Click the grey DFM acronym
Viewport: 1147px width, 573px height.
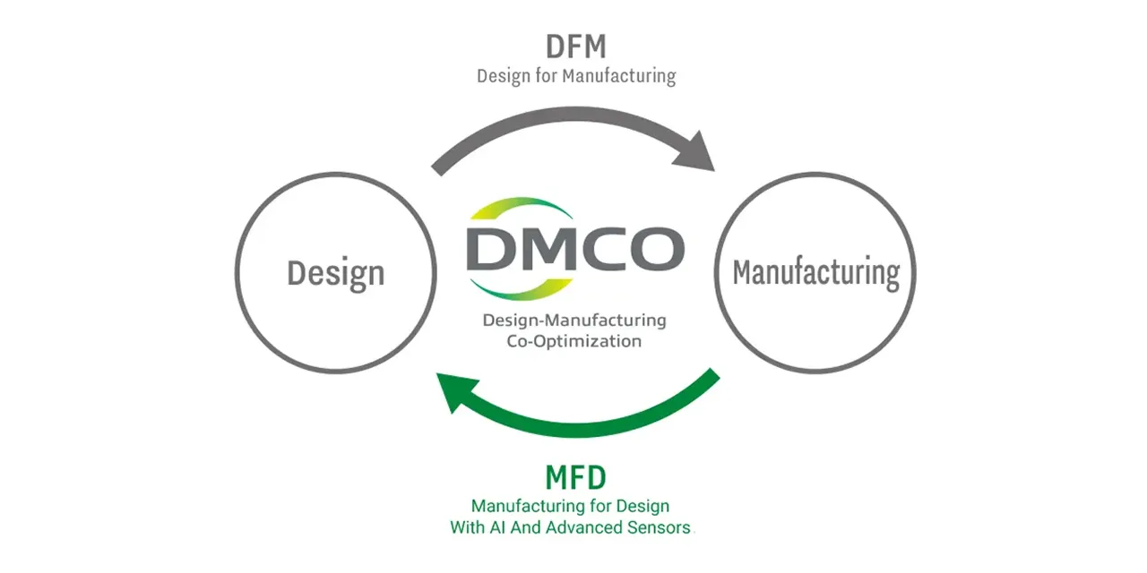click(575, 47)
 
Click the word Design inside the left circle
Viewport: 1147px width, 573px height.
click(335, 273)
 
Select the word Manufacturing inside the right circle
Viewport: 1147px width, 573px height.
click(815, 273)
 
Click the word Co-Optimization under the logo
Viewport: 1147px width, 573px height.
click(573, 341)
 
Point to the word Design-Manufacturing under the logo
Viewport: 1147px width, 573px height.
click(573, 320)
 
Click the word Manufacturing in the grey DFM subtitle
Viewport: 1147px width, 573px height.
click(619, 76)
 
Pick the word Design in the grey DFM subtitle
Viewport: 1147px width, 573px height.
click(504, 76)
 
